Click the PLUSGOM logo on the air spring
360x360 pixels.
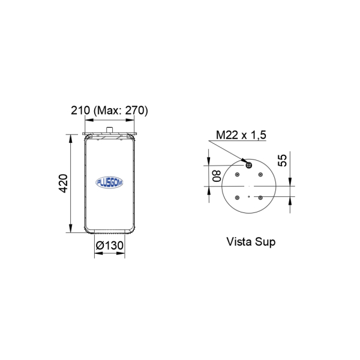(109, 182)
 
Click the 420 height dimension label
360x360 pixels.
(63, 184)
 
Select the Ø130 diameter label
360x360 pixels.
(110, 245)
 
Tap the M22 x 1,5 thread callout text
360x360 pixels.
(241, 135)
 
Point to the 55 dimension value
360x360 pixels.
(283, 160)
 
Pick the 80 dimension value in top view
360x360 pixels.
(217, 176)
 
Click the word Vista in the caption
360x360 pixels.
(240, 242)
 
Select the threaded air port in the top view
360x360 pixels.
(248, 165)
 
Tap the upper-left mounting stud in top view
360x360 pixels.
(237, 175)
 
